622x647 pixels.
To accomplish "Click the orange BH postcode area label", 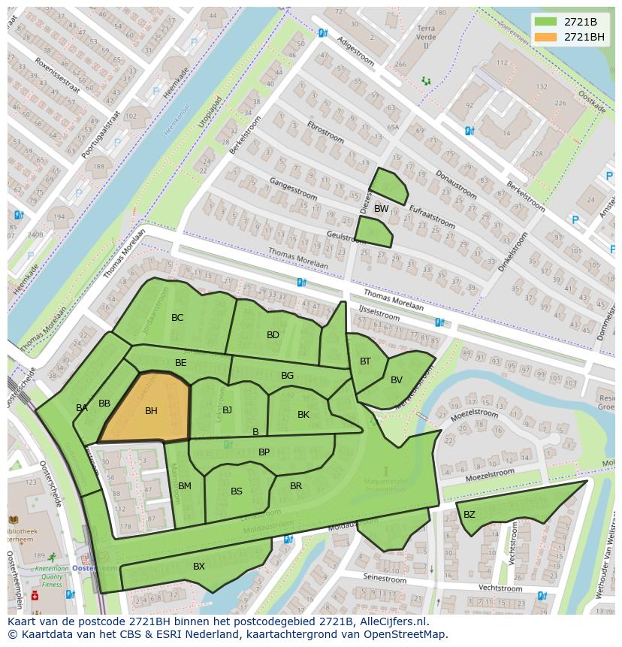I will (151, 411).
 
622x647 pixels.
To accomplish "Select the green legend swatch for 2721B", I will (546, 21).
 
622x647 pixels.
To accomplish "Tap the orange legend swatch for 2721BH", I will (546, 37).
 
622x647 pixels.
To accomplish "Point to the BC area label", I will (177, 318).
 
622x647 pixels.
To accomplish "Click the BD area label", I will (273, 335).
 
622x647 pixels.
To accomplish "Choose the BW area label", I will (382, 209).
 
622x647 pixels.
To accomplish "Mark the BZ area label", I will (470, 515).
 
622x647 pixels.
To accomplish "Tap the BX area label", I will (199, 567).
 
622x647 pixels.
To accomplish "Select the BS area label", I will (237, 491).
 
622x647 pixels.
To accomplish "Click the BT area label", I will (365, 361).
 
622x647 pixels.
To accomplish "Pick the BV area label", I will (397, 380).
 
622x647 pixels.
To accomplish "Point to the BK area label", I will (303, 415).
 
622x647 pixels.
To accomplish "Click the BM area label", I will (185, 486).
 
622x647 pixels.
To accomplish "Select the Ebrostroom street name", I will (325, 133).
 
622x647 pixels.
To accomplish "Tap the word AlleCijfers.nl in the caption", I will (392, 622).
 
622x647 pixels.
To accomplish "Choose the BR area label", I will (296, 486).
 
